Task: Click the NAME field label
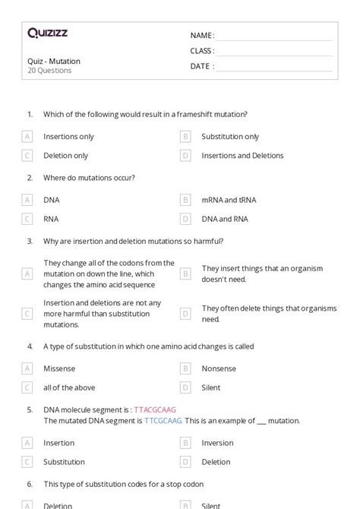pos(201,36)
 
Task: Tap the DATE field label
pos(201,66)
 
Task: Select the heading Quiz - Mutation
pos(53,61)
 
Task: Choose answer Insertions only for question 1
pos(68,137)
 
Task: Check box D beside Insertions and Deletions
pos(185,156)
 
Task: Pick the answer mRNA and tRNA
pos(229,200)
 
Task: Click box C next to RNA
pos(27,219)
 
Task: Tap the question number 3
pos(30,241)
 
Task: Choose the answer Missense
pos(59,368)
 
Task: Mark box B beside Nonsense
pos(185,368)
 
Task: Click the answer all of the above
pos(69,387)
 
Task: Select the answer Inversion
pos(217,443)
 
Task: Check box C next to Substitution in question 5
pos(27,462)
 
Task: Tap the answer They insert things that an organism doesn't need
pos(262,273)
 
